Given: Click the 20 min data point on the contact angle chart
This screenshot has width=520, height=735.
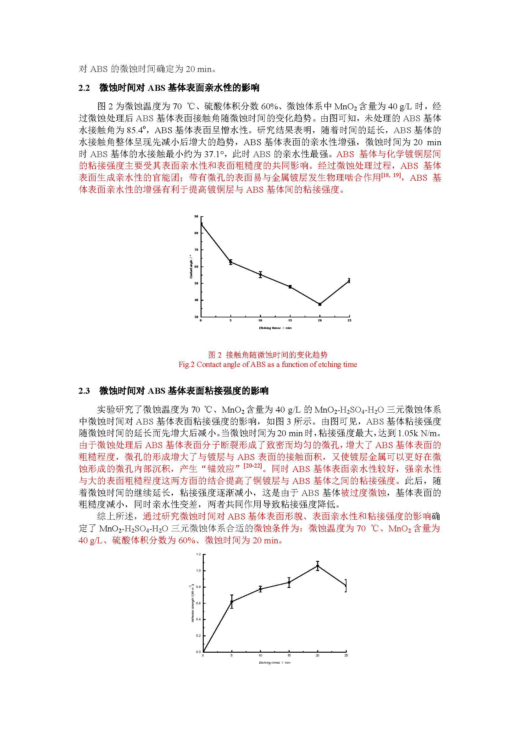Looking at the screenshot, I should [319, 304].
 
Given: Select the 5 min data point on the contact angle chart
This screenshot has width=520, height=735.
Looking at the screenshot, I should [230, 262].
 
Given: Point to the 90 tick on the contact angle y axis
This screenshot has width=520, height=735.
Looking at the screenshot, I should [196, 217].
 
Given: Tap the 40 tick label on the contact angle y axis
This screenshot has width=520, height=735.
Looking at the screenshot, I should [196, 300].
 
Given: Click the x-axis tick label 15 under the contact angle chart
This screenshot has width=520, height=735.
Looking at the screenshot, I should [290, 321].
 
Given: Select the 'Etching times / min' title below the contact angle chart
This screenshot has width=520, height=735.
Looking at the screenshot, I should [275, 328].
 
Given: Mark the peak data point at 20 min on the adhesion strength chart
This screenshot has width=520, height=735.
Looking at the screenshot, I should [317, 566].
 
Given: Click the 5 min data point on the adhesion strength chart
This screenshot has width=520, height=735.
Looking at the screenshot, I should [231, 601].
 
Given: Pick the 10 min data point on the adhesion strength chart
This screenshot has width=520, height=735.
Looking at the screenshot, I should [260, 589].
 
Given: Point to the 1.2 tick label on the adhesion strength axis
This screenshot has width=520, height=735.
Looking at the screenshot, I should [198, 554].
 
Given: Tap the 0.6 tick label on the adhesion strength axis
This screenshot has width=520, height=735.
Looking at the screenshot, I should [198, 603].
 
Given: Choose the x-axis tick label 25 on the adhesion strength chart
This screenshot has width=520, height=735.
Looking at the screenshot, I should [346, 655].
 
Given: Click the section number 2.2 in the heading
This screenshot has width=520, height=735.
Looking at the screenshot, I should [84, 88].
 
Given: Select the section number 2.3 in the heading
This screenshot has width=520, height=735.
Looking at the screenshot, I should [84, 391].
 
